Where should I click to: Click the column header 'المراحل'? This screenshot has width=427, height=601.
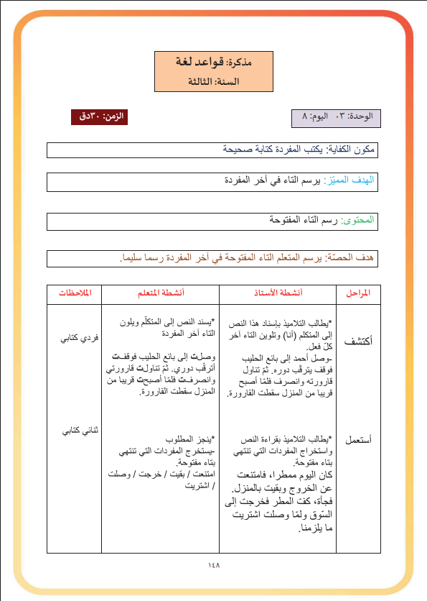(x=358, y=294)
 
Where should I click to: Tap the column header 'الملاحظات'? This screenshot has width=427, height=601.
(x=74, y=294)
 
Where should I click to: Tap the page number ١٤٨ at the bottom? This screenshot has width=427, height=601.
(x=213, y=565)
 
